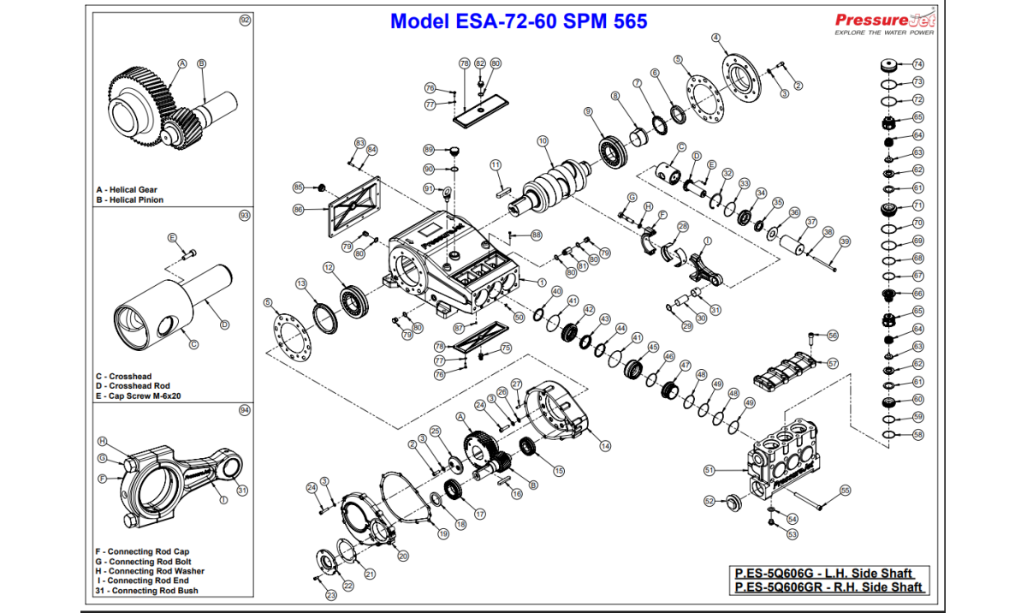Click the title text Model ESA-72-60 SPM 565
518,21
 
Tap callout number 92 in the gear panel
245,21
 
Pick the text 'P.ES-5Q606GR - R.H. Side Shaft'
828,587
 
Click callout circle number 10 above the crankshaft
542,140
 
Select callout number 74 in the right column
918,64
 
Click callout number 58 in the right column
918,435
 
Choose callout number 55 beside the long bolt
845,491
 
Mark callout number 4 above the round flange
715,38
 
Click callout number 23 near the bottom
331,594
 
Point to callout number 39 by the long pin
845,241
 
